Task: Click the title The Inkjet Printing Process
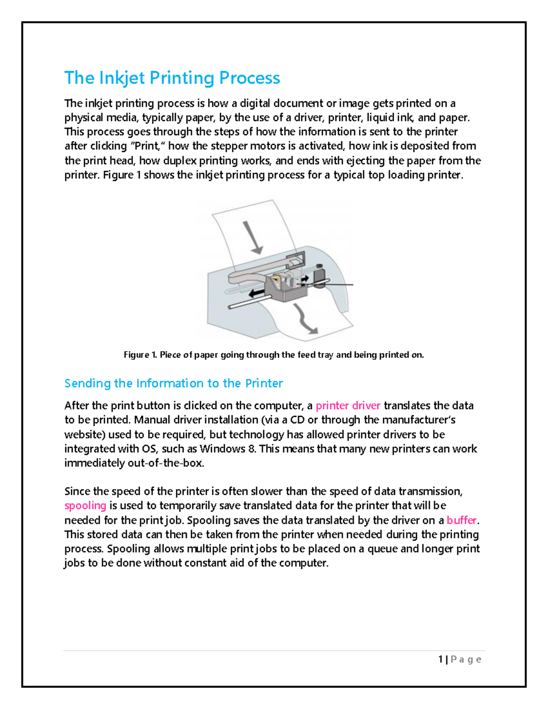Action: click(x=172, y=78)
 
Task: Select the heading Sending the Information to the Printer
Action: click(x=174, y=383)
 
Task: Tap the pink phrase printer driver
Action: click(x=348, y=405)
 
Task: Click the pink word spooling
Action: click(x=85, y=505)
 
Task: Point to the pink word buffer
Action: click(x=461, y=520)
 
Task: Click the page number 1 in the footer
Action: click(x=440, y=659)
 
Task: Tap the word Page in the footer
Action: click(x=466, y=659)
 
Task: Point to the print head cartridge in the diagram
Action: click(x=288, y=285)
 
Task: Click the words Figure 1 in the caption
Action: click(x=140, y=355)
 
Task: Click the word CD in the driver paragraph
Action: click(x=297, y=420)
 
